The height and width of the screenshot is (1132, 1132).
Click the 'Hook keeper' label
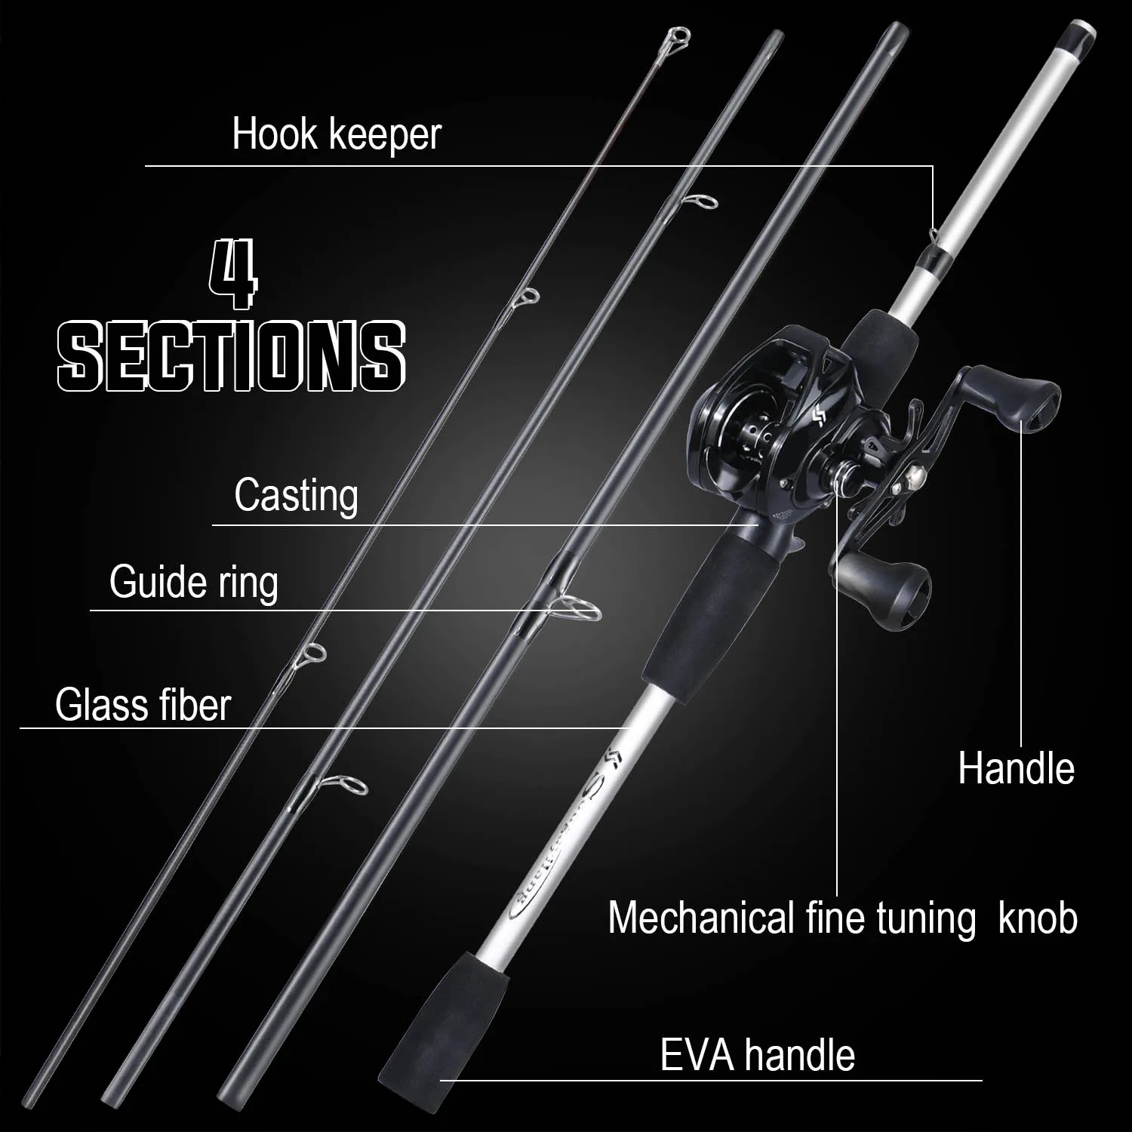coord(336,134)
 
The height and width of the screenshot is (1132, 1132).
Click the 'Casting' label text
coord(296,496)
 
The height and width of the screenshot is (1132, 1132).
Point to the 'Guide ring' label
coord(193,583)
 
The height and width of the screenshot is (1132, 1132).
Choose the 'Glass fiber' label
coord(143,705)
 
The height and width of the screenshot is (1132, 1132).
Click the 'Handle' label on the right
coord(1016,768)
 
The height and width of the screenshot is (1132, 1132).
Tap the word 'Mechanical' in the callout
coord(702,918)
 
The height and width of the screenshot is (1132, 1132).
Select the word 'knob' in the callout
coord(1038,918)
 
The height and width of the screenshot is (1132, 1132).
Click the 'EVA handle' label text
coord(757,1054)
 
